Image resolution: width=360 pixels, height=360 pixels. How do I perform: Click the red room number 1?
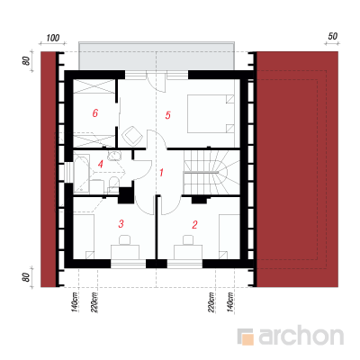[161, 173]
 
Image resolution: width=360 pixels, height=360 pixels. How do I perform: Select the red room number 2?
[195, 224]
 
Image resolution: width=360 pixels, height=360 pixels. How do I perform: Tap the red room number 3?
[121, 223]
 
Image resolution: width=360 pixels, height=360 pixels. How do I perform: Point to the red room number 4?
[101, 164]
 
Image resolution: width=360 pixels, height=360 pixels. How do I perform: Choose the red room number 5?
[167, 115]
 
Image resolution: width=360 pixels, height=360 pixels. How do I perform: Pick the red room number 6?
[95, 113]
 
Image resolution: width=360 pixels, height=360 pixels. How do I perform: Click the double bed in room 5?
[211, 113]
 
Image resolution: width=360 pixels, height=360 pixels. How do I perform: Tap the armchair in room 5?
[131, 136]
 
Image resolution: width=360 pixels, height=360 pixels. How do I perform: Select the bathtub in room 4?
[81, 173]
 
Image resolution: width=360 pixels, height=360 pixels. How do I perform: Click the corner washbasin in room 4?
[115, 156]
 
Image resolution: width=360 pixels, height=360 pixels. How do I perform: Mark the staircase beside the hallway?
[211, 172]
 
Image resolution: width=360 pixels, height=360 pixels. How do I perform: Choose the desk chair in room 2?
[188, 240]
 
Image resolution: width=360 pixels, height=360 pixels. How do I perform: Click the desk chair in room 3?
[125, 240]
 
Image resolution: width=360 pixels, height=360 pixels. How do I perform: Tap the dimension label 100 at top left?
[53, 38]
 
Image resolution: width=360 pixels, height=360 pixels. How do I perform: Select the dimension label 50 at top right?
[332, 36]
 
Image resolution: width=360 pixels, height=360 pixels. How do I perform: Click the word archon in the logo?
[301, 337]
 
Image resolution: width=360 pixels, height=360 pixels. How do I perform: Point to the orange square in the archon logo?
[248, 339]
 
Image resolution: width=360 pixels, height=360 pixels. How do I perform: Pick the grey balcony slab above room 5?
[157, 56]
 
